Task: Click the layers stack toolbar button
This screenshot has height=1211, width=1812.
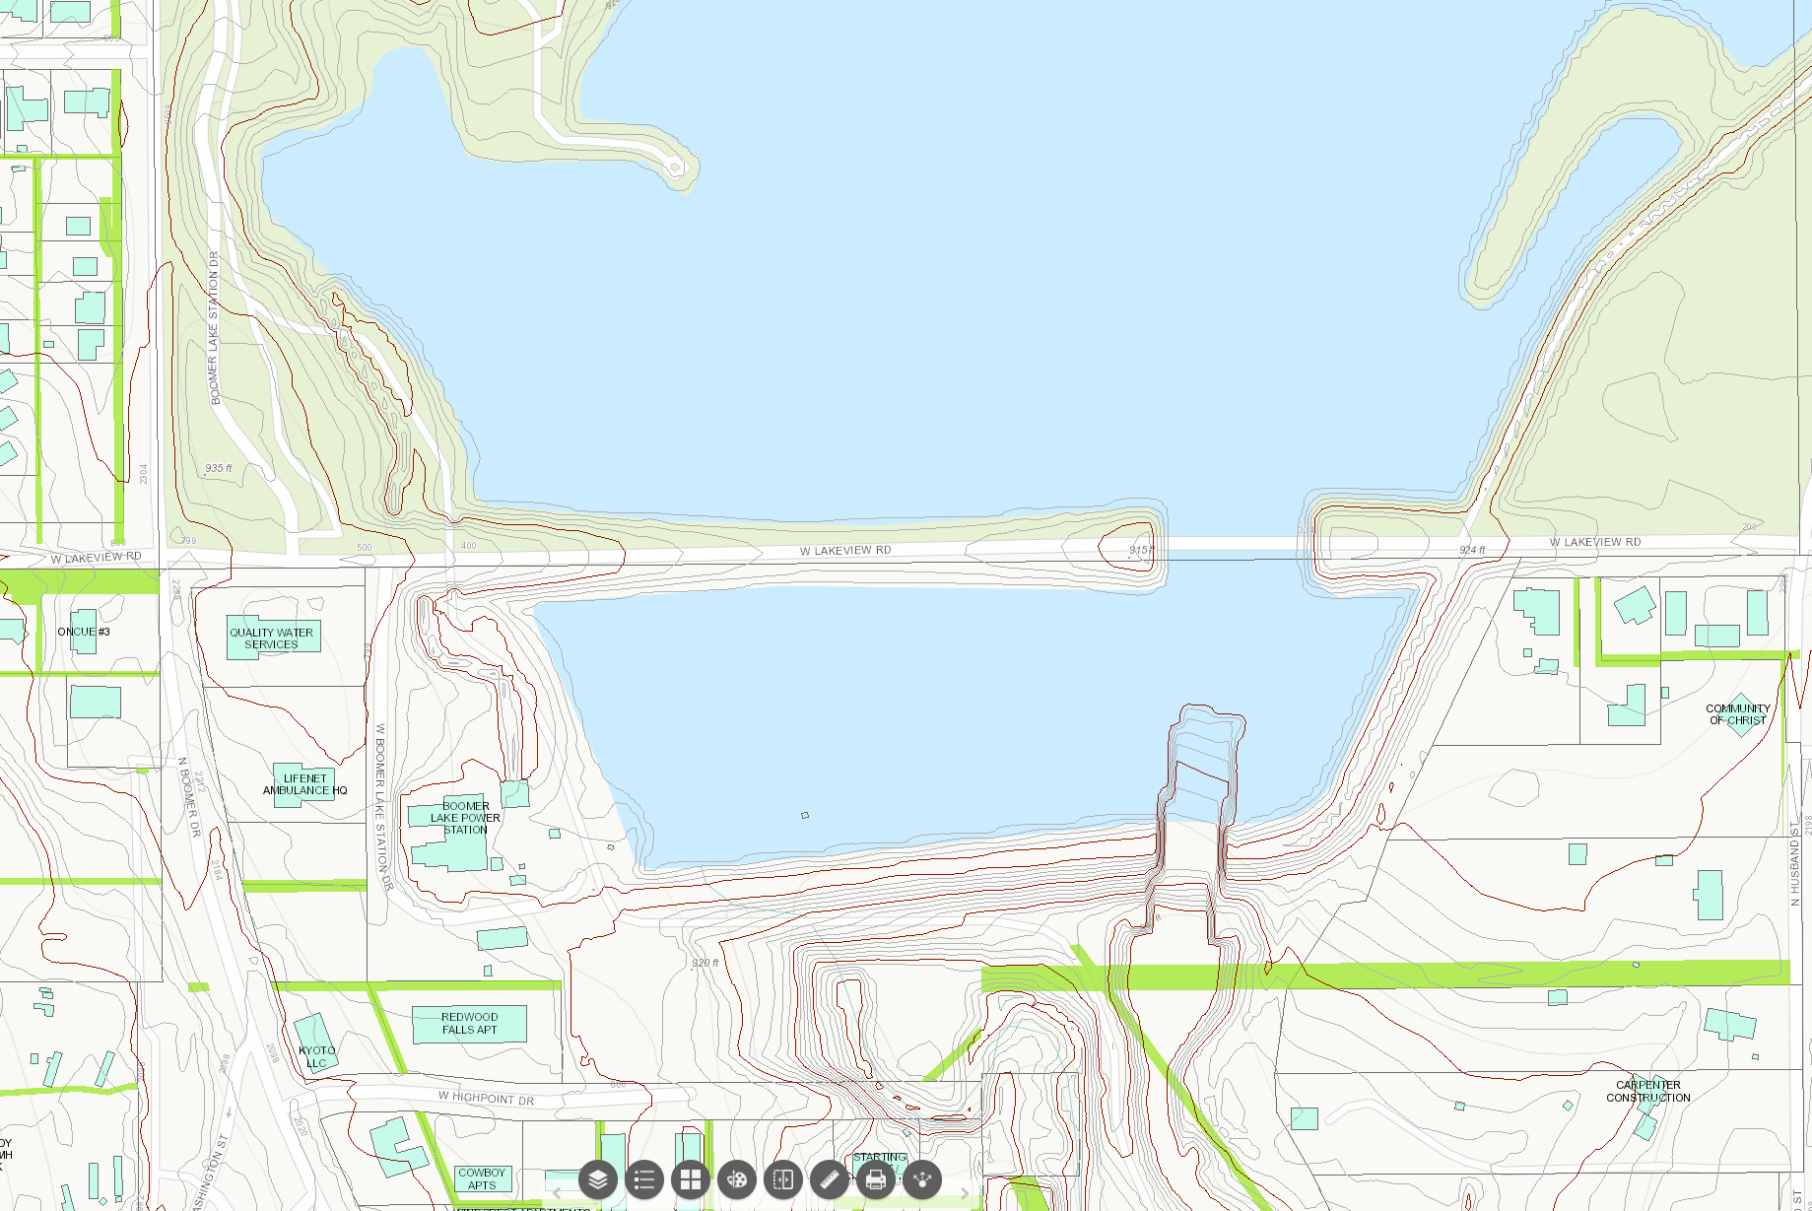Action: point(598,1178)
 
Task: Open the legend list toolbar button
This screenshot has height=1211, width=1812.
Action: point(644,1178)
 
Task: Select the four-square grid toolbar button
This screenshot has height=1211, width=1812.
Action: point(691,1178)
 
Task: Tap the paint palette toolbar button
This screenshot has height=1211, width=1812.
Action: point(737,1178)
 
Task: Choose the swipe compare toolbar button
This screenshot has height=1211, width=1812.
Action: point(783,1178)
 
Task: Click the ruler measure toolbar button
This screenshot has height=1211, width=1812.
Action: point(830,1178)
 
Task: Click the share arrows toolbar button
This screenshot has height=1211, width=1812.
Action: point(922,1178)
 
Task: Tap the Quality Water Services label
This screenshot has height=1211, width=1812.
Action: point(271,639)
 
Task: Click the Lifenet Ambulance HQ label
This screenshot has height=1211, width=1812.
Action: point(304,784)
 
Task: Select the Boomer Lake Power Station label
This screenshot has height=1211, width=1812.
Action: point(465,818)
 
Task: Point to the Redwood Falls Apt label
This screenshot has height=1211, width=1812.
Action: point(469,1023)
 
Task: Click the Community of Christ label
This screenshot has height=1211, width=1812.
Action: point(1737,714)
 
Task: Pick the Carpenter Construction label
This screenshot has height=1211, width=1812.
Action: point(1647,1091)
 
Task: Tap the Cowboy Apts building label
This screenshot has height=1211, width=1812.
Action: point(482,1178)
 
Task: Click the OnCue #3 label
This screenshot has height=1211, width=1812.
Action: point(84,632)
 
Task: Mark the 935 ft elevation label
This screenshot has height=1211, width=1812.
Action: point(219,468)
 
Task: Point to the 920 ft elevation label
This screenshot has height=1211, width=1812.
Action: point(705,963)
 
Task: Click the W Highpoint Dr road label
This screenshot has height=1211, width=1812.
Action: point(487,1098)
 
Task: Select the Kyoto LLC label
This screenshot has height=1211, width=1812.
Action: point(316,1056)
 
